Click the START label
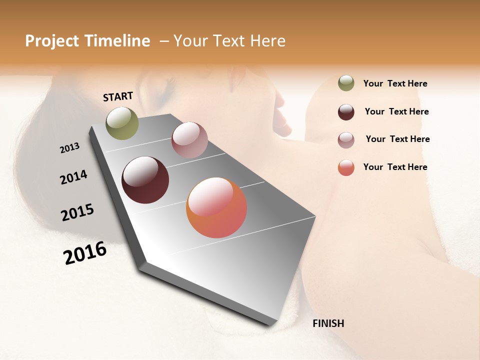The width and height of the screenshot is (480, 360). pyautogui.click(x=118, y=96)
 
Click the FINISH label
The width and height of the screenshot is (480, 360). pyautogui.click(x=328, y=323)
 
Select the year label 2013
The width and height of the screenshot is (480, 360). pyautogui.click(x=69, y=148)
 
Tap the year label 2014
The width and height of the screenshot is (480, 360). pyautogui.click(x=73, y=177)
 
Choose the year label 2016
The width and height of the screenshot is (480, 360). pyautogui.click(x=85, y=253)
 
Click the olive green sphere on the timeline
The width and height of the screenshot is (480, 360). pyautogui.click(x=122, y=123)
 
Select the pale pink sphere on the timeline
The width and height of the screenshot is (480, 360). pyautogui.click(x=189, y=140)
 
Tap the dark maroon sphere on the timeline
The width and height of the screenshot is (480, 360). pyautogui.click(x=145, y=180)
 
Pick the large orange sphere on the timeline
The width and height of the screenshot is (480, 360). pyautogui.click(x=216, y=207)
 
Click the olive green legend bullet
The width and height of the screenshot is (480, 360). pyautogui.click(x=346, y=83)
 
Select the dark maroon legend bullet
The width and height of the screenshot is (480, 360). pyautogui.click(x=346, y=112)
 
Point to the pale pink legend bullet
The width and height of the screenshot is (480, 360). pyautogui.click(x=346, y=140)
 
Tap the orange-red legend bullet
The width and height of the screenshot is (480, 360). pyautogui.click(x=346, y=167)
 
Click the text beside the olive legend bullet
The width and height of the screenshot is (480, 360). pyautogui.click(x=395, y=83)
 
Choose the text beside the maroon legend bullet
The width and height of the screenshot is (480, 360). pyautogui.click(x=396, y=111)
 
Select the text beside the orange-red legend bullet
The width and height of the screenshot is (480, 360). pyautogui.click(x=395, y=167)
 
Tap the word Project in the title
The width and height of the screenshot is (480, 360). pyautogui.click(x=51, y=41)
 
